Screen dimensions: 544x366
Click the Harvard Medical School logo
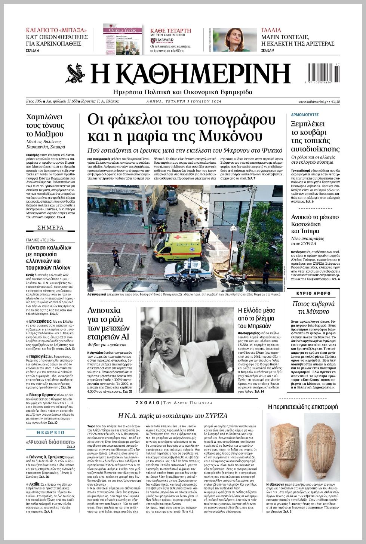162,40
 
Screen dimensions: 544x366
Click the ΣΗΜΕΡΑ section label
50,228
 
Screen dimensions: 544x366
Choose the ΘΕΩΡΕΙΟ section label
50,433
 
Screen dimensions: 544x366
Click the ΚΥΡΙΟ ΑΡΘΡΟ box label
314,293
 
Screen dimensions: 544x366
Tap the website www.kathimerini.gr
313,102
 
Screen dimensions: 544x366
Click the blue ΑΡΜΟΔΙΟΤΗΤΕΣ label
305,115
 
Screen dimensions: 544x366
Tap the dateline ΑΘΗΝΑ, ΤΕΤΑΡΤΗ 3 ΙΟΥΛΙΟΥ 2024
184,102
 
